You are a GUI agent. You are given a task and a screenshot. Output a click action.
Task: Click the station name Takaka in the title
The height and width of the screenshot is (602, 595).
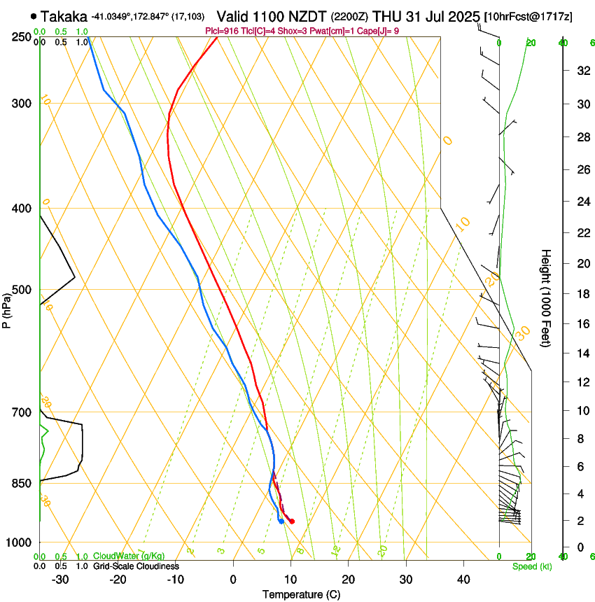(x=64, y=16)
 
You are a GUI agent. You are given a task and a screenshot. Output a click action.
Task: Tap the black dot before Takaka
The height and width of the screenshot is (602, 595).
(x=34, y=16)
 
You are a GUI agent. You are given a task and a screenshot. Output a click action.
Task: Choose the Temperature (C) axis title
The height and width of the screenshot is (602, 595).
(x=301, y=594)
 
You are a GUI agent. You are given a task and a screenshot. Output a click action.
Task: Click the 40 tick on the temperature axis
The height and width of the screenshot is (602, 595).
(x=463, y=579)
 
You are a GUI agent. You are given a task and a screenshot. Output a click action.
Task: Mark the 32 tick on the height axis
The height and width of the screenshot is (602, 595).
(x=582, y=70)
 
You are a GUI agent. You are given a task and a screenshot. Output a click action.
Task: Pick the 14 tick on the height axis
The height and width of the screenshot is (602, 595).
(x=582, y=353)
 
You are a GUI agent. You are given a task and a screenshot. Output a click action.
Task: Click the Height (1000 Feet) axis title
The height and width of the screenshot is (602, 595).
(x=546, y=297)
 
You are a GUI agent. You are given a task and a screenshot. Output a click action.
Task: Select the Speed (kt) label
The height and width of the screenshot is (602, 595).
(x=531, y=566)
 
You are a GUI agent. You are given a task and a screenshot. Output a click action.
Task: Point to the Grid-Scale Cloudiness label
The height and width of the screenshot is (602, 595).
(x=136, y=566)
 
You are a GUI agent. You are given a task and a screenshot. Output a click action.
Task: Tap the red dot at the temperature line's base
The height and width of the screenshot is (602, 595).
(x=292, y=521)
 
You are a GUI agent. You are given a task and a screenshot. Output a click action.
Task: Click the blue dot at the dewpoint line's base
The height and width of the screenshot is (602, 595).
(x=281, y=521)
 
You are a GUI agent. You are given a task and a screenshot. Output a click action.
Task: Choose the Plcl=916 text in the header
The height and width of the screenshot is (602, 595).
(x=222, y=31)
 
